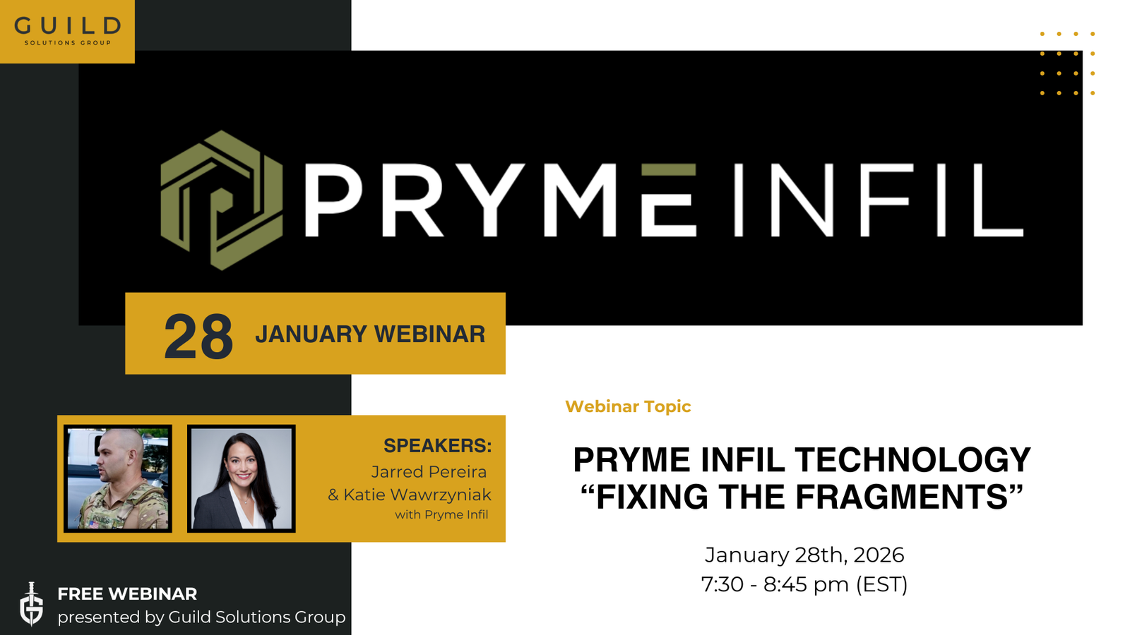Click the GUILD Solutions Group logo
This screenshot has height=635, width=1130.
(67, 31)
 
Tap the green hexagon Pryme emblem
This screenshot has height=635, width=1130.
(221, 200)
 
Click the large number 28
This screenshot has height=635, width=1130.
(198, 337)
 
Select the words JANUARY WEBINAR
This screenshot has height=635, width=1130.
(370, 334)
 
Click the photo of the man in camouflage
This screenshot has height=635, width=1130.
(118, 478)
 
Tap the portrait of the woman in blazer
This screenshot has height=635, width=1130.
(241, 478)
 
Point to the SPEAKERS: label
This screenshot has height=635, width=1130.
(437, 446)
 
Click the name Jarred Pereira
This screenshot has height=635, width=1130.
(429, 471)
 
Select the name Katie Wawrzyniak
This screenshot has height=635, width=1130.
(417, 495)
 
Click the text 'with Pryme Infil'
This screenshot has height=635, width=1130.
(441, 514)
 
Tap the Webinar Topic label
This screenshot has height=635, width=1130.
(628, 406)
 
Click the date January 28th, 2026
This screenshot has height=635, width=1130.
(804, 555)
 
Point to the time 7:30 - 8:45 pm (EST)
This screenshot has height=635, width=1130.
(804, 584)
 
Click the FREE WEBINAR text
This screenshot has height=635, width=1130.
(127, 594)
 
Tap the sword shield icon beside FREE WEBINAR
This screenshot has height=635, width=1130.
(31, 604)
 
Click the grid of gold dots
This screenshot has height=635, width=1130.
(1067, 64)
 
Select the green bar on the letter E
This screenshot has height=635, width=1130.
(669, 169)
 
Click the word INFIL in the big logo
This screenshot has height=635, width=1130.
(878, 200)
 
